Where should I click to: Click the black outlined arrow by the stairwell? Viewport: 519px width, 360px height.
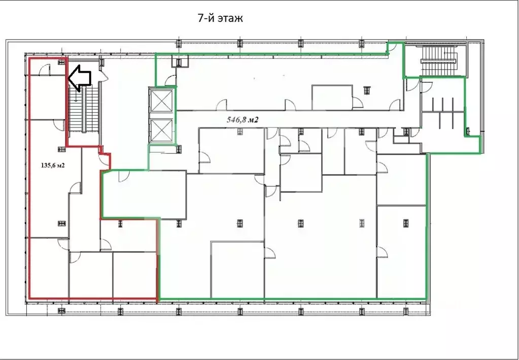click(x=79, y=77)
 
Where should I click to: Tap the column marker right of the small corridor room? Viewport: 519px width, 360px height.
click(x=366, y=90)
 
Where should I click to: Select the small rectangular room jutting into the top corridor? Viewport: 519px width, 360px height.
click(x=332, y=97)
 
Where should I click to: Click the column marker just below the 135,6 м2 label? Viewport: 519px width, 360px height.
click(x=62, y=223)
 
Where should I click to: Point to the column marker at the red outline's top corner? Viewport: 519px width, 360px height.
click(x=62, y=62)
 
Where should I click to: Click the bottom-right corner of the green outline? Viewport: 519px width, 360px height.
click(x=426, y=298)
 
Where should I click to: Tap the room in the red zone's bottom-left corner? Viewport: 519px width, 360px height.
click(x=48, y=267)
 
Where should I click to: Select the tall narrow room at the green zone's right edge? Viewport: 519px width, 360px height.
click(x=401, y=251)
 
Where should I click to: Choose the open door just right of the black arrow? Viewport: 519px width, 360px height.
click(x=105, y=76)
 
